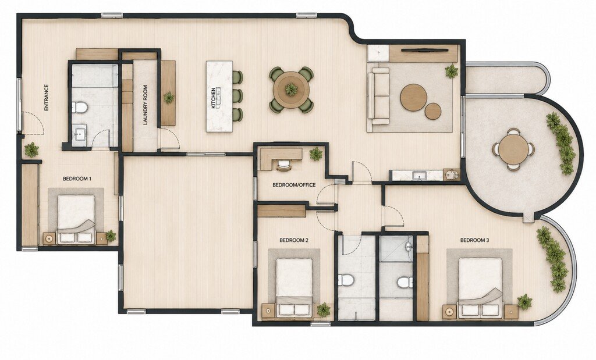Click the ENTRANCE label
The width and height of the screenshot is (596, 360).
click(x=47, y=98)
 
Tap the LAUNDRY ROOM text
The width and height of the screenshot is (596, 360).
click(x=145, y=105)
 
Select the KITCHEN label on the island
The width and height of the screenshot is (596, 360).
click(x=214, y=98)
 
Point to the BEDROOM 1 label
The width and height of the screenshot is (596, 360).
click(x=77, y=179)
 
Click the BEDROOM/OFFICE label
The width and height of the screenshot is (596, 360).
click(x=294, y=185)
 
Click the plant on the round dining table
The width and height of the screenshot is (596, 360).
click(x=292, y=90)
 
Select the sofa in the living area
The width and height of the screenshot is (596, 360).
click(x=378, y=96)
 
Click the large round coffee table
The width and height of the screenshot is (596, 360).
click(x=414, y=97)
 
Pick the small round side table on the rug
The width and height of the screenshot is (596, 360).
click(x=433, y=111)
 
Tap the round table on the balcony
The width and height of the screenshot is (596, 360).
click(x=513, y=149)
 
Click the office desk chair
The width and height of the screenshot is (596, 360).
click(x=283, y=165)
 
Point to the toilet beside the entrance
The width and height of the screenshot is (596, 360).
click(x=80, y=108)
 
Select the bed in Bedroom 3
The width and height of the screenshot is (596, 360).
click(x=480, y=287)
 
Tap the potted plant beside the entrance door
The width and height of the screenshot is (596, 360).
click(x=31, y=149)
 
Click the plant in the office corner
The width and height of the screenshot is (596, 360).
click(x=316, y=154)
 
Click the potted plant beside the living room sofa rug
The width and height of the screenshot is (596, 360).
click(x=452, y=72)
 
